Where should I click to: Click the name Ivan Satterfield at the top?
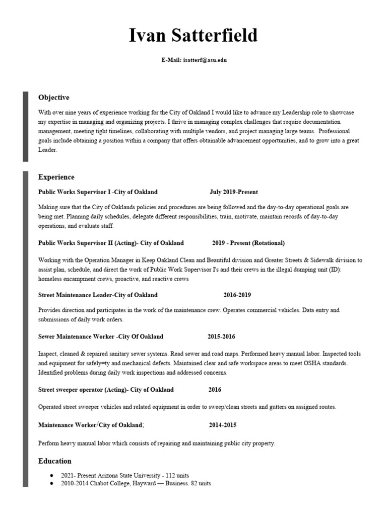click(193, 35)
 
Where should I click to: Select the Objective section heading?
click(53, 98)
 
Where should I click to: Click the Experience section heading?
click(56, 177)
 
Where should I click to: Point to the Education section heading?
click(55, 461)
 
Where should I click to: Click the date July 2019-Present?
click(234, 192)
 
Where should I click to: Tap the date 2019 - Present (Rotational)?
click(248, 243)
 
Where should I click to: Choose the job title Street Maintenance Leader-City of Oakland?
click(98, 295)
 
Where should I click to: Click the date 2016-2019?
click(237, 295)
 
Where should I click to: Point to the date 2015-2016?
click(221, 336)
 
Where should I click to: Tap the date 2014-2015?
click(222, 425)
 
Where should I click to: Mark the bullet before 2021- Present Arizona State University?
click(52, 475)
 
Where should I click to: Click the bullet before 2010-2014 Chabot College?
click(52, 483)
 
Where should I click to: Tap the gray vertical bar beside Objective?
click(25, 126)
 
